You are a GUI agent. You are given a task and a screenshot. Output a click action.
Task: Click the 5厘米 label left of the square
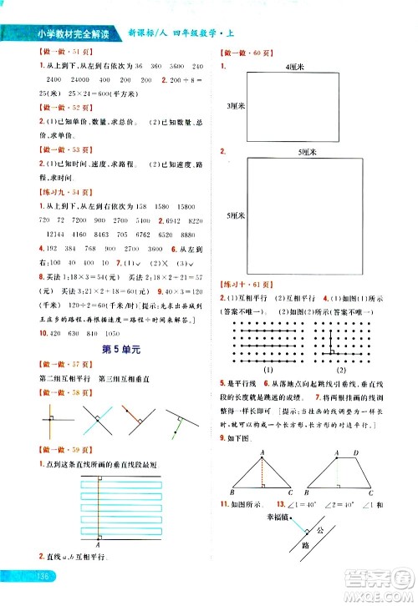[x=233, y=215]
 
